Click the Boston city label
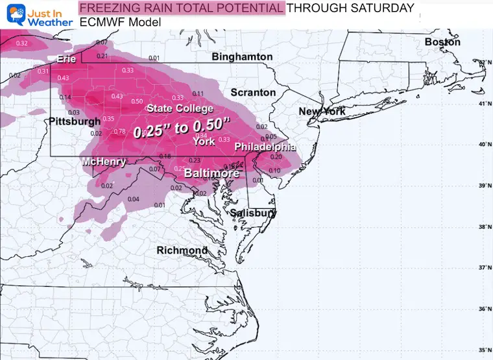442,42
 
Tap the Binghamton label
242,57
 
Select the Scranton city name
253,93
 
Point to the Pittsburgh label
75,121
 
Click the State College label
180,108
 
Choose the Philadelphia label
260,147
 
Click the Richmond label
182,250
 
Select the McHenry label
104,162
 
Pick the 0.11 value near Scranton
198,93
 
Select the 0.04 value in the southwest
133,198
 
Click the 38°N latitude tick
483,227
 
